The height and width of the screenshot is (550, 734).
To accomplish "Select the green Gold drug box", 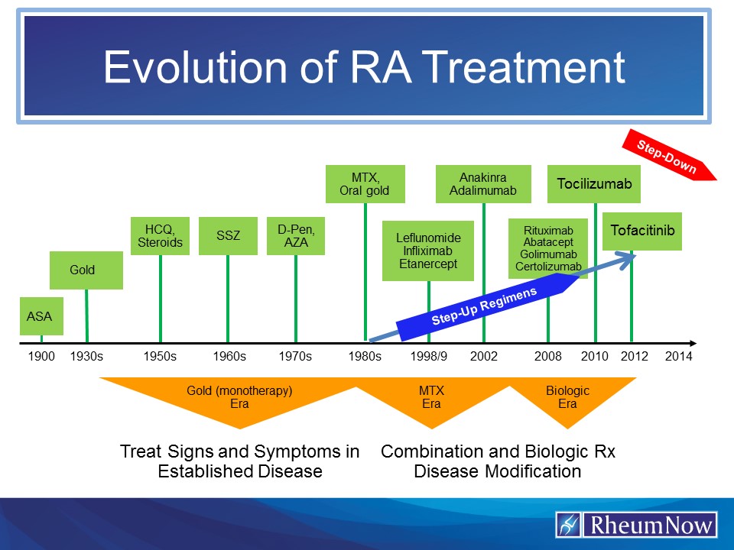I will point(86,270).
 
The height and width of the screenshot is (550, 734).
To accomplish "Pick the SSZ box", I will point(227,236).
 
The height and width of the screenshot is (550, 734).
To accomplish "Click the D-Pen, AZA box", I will point(295,236).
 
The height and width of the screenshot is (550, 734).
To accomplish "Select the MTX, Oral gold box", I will point(365,184).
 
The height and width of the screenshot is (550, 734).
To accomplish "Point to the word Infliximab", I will point(428,251).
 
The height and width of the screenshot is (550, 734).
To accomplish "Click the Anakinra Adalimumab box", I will point(483,184).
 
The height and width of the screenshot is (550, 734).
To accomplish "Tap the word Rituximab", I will point(547,230).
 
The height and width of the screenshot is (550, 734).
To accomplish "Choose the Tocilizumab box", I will point(594,184).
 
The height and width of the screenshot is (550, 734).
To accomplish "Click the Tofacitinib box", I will point(642,229).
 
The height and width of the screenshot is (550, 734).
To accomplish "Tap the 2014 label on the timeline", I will point(678,356).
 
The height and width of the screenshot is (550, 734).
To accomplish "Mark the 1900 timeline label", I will point(41,356).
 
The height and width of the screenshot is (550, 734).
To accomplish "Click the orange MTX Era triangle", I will point(431,397).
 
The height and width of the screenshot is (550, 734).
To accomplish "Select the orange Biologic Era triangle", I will point(567,397).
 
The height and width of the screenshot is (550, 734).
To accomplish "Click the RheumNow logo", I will point(636,526).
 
